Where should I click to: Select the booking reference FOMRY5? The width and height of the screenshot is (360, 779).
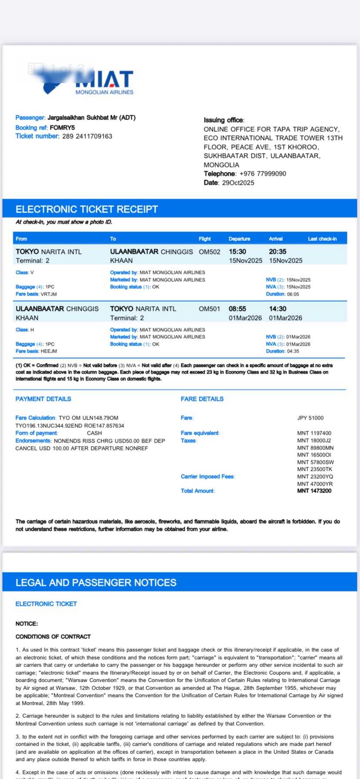(62, 127)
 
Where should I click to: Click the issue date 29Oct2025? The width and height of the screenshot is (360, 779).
(238, 183)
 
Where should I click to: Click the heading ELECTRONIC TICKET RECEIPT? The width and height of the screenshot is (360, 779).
(87, 209)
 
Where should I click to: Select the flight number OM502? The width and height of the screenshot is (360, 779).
(210, 252)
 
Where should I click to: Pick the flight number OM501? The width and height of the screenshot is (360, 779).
(210, 309)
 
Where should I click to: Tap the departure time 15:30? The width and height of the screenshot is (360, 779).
(237, 252)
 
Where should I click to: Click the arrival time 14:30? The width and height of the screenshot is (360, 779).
(277, 309)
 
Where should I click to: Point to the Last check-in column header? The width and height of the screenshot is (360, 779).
(322, 239)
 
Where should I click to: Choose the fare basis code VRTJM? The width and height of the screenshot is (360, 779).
(49, 294)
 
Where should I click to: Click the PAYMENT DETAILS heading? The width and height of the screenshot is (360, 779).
(43, 399)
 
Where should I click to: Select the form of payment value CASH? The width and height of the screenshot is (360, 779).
(94, 433)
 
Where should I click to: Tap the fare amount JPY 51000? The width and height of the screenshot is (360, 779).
(310, 418)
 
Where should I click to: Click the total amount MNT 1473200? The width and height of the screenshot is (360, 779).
(314, 491)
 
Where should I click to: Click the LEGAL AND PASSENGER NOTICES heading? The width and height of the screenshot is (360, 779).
(96, 583)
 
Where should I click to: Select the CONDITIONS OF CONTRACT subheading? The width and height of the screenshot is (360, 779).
(53, 636)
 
